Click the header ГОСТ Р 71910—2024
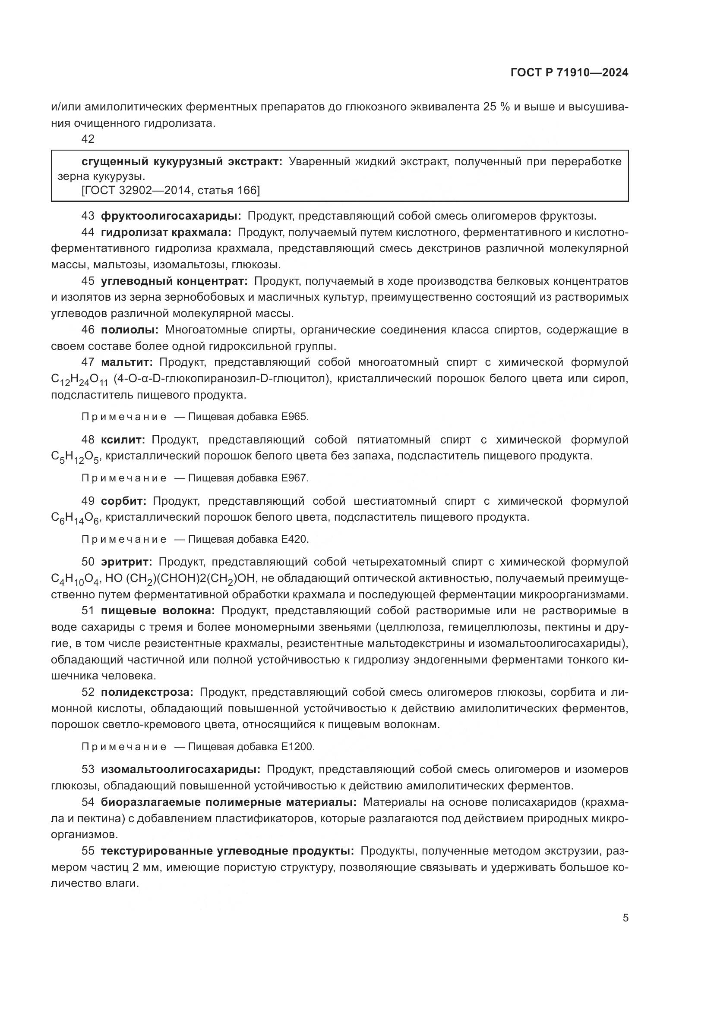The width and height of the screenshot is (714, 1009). [x=569, y=73]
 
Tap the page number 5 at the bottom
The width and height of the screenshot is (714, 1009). [x=625, y=918]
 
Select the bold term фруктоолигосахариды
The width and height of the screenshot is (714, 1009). [x=171, y=216]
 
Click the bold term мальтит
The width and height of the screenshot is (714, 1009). [x=126, y=362]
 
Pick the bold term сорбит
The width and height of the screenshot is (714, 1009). [x=123, y=501]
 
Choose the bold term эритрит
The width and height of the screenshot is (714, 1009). [x=126, y=562]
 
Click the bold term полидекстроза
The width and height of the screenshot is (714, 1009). [x=147, y=692]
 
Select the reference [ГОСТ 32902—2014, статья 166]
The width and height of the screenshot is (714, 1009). [x=159, y=190]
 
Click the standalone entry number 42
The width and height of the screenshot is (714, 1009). [x=88, y=139]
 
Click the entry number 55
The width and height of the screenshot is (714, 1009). [x=88, y=851]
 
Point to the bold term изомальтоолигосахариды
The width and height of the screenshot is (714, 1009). [x=180, y=769]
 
